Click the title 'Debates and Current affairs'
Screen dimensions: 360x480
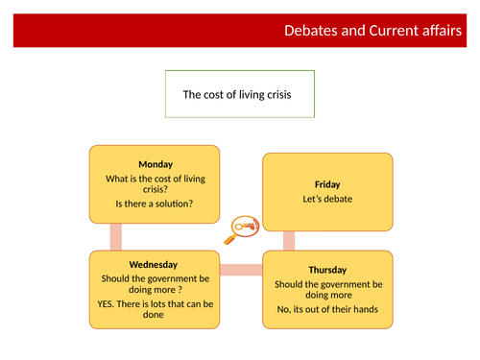pos(377,30)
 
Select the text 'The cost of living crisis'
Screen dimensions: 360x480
pos(239,94)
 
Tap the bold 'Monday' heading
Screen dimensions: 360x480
pos(155,164)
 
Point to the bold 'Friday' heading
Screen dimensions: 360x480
pos(327,183)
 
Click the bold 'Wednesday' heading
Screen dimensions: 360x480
pos(155,265)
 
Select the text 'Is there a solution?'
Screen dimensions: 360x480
pos(155,204)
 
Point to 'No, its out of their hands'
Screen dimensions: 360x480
pos(328,310)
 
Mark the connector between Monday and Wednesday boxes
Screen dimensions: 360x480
pos(116,236)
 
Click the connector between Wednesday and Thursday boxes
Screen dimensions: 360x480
pos(241,270)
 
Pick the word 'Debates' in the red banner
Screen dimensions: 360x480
pos(310,30)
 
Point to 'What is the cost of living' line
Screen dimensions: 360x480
pos(155,178)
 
